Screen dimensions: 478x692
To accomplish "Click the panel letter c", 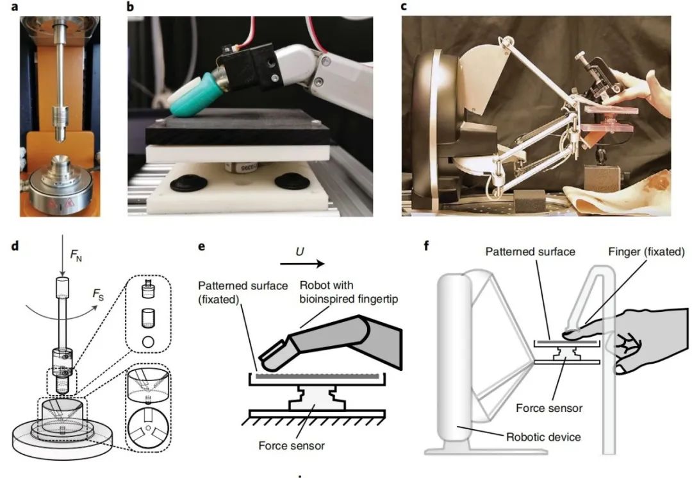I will coord(403,7).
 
